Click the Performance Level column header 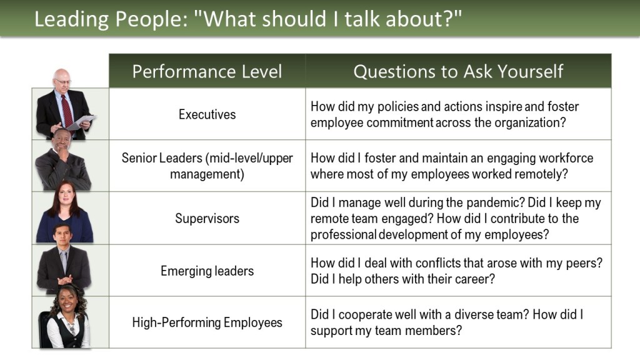(207, 71)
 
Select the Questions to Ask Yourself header (458, 71)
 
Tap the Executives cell (207, 114)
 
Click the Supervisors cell (207, 218)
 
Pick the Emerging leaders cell (207, 271)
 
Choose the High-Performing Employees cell (207, 322)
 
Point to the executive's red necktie (67, 111)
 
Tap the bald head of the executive (61, 76)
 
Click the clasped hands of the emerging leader (64, 281)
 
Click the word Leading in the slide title (72, 19)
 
